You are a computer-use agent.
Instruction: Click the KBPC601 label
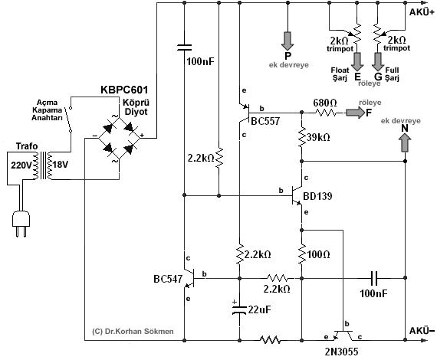point(124,90)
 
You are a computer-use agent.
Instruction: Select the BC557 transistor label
point(265,121)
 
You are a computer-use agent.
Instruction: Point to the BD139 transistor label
point(317,196)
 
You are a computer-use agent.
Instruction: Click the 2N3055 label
point(341,352)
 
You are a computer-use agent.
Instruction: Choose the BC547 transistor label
point(168,279)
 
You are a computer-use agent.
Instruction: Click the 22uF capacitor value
point(259,309)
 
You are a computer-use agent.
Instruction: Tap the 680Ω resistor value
point(325,103)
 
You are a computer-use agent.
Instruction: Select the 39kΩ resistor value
point(318,137)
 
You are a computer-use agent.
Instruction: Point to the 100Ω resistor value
point(318,254)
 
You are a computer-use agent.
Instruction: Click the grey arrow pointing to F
point(355,113)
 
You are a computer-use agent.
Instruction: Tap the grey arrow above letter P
point(287,41)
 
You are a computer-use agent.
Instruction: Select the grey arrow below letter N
point(405,142)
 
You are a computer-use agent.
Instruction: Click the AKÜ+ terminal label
point(422,12)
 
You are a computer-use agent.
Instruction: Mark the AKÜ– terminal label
point(422,331)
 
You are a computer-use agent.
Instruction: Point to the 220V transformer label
point(21,165)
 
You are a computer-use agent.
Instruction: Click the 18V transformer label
point(61,165)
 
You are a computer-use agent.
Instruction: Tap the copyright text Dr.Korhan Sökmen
point(133,332)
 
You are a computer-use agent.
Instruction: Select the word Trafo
point(27,146)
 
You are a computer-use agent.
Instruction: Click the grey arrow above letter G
point(378,61)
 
